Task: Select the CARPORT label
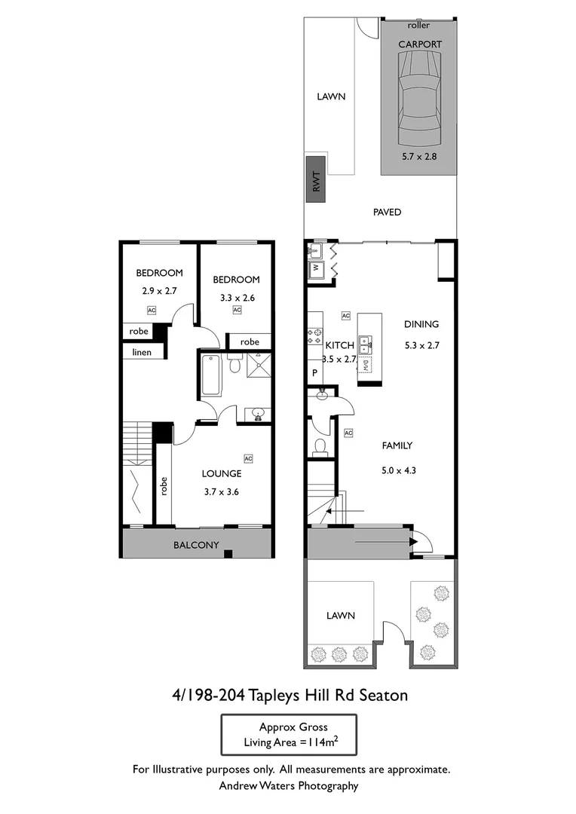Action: click(x=419, y=44)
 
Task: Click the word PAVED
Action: click(x=387, y=213)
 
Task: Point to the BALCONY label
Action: click(x=196, y=545)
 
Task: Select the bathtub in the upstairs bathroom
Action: click(x=211, y=375)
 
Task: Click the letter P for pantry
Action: click(x=314, y=373)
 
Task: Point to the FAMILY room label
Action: click(x=397, y=445)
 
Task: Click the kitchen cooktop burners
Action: click(x=314, y=337)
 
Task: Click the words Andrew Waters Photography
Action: click(x=288, y=786)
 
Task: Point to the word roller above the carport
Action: click(x=418, y=26)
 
